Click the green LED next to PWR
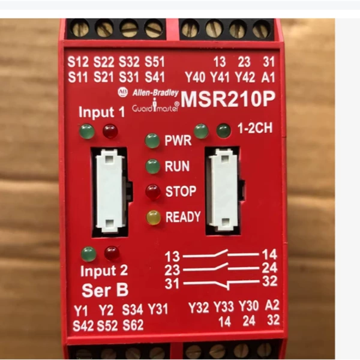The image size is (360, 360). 152,140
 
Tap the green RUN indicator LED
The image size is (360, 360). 152,166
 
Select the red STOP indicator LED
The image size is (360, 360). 153,191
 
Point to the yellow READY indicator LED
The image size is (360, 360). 154,217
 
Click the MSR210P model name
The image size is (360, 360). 228,99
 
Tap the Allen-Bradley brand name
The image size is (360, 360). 155,92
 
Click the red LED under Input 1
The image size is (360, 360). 110,131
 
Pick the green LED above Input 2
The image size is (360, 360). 89,254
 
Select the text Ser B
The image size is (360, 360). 105,290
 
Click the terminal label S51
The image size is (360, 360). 155,62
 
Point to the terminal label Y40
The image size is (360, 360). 195,77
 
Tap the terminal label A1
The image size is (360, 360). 268,77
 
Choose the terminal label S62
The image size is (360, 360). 133,325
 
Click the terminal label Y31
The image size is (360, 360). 158,309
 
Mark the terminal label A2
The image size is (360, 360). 272,305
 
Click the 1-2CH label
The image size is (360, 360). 255,128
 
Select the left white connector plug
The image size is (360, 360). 110,191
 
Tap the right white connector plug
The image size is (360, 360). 223,190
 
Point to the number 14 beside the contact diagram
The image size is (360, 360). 269,254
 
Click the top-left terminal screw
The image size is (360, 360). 80,28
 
